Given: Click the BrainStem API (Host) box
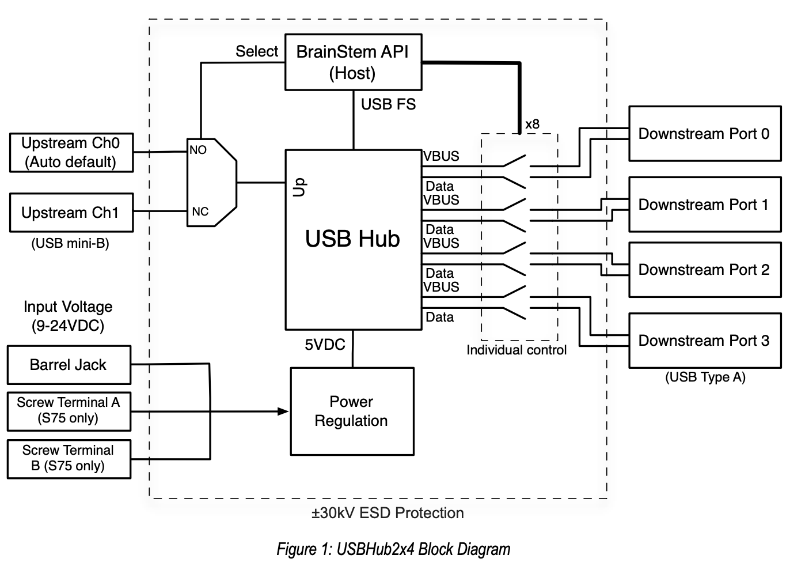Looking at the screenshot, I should click(x=353, y=62).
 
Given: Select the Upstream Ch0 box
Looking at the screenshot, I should click(x=71, y=153).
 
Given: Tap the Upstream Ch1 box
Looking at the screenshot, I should click(x=71, y=213).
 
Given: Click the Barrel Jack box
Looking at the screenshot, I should click(x=69, y=365).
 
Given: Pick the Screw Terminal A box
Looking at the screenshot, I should click(x=69, y=410).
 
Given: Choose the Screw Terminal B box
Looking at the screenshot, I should click(x=69, y=459).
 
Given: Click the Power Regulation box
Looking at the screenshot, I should click(x=352, y=412).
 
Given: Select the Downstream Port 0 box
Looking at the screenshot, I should click(x=704, y=134).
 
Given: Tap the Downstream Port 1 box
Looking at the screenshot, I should click(x=704, y=205).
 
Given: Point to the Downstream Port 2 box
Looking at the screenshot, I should click(x=704, y=270).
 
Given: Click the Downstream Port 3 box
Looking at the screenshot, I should click(x=704, y=341).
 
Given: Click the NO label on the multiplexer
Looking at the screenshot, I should click(x=198, y=150).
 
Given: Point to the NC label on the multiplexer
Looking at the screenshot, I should click(x=200, y=212).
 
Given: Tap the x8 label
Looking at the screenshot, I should click(x=532, y=124).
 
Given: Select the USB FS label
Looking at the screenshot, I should click(x=388, y=104).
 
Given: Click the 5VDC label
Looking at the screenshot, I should click(x=325, y=345).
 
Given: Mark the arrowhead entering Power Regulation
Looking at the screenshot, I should click(x=283, y=411).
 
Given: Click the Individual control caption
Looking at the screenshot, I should click(x=516, y=350).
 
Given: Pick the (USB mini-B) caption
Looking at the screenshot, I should click(x=70, y=243).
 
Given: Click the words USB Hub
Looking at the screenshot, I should click(x=352, y=239).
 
